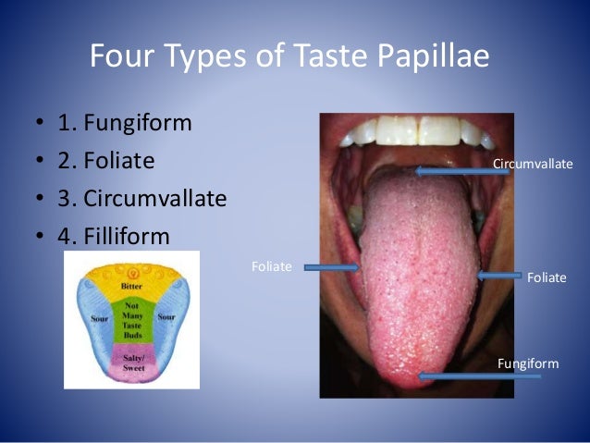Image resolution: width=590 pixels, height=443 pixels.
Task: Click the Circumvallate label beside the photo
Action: pyautogui.click(x=533, y=164)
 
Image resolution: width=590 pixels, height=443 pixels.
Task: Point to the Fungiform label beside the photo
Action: pyautogui.click(x=528, y=363)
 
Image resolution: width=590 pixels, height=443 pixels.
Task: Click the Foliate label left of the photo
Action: pyautogui.click(x=272, y=266)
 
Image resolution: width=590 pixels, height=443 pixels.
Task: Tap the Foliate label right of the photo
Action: pyautogui.click(x=546, y=277)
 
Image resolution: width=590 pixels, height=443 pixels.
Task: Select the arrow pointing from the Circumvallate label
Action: pyautogui.click(x=452, y=170)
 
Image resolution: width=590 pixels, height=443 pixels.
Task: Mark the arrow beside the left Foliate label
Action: pyautogui.click(x=332, y=268)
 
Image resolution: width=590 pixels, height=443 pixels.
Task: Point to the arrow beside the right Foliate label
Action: pyautogui.click(x=498, y=276)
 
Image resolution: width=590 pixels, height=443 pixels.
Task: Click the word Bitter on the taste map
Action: pyautogui.click(x=131, y=287)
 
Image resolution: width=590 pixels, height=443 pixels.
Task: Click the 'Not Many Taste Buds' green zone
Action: pyautogui.click(x=130, y=320)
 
